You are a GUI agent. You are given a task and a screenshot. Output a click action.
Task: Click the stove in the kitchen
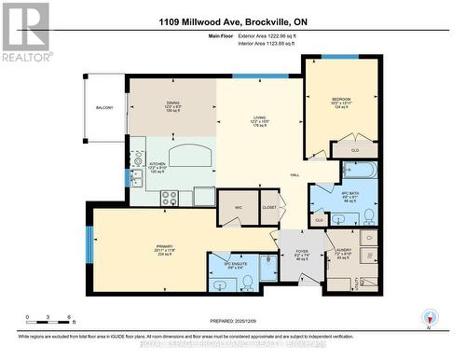(171, 197)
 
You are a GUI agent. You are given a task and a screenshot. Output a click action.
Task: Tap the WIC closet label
(239, 208)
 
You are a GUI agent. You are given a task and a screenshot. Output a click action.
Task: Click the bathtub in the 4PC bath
(360, 171)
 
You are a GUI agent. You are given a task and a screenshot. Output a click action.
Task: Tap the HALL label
(294, 173)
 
